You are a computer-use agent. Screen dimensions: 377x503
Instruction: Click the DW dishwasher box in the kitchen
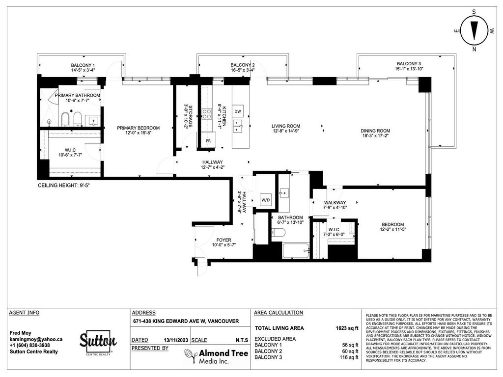(x=238, y=111)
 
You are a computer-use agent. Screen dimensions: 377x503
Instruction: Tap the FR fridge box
(x=208, y=139)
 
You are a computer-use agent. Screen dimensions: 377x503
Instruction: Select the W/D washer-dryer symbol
(x=265, y=200)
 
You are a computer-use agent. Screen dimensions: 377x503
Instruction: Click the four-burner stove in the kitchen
(x=207, y=114)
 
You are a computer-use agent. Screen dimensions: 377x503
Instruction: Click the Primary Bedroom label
(x=138, y=128)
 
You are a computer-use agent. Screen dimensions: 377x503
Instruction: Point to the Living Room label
(x=286, y=126)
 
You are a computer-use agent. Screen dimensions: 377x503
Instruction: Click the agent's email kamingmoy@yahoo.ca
(x=36, y=339)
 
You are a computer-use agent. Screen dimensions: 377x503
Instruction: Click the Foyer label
(x=221, y=240)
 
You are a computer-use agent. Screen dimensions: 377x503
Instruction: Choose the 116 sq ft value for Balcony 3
(x=349, y=358)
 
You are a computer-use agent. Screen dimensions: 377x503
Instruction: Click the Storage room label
(x=186, y=116)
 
